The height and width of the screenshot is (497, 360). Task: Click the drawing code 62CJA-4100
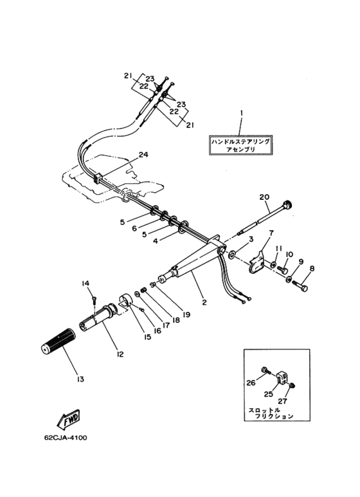click(66, 438)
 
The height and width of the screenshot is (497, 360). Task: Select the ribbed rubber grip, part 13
click(59, 341)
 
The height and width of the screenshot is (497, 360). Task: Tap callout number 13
click(80, 379)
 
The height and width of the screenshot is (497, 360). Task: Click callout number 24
click(143, 154)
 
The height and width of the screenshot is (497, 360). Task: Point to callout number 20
click(264, 197)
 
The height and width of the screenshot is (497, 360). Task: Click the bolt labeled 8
click(300, 284)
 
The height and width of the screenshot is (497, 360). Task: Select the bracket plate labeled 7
click(257, 262)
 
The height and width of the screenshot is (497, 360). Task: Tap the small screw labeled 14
click(94, 298)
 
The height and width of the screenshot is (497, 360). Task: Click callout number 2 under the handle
click(204, 302)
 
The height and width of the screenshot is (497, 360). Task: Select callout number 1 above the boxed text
click(242, 113)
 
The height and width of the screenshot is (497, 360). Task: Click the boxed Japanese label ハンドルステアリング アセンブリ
click(241, 145)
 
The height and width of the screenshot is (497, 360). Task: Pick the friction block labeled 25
click(282, 378)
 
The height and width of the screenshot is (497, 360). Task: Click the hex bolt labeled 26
click(265, 370)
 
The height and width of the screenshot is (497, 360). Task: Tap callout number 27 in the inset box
click(282, 401)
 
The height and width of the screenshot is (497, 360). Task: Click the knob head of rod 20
click(288, 204)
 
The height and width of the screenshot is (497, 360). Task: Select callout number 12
click(120, 354)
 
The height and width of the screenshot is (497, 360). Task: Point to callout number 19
click(186, 314)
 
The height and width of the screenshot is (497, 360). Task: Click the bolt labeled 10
click(282, 270)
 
